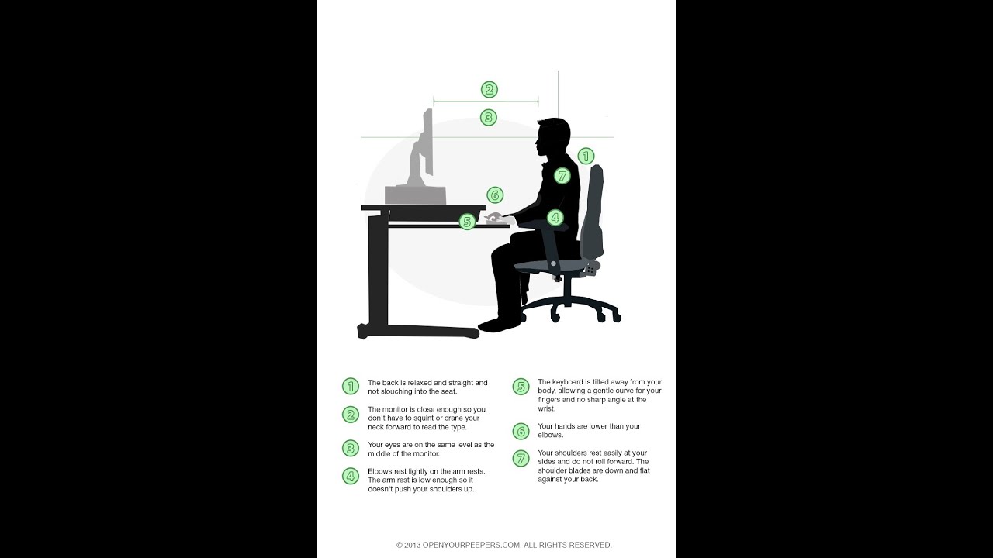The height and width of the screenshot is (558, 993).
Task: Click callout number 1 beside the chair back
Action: point(586,156)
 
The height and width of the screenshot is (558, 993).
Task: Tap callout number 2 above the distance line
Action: point(489,90)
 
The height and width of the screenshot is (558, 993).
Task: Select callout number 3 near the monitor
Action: point(488,118)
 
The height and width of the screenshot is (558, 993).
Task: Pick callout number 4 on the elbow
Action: point(555,218)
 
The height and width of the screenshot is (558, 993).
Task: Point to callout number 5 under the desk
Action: point(466,222)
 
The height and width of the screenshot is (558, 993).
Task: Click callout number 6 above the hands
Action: point(495,195)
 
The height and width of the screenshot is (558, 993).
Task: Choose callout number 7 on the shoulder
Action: point(562,176)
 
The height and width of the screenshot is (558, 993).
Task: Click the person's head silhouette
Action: point(554,138)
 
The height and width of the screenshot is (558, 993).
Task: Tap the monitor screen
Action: point(427,143)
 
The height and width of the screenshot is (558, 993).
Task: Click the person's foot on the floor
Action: point(496,324)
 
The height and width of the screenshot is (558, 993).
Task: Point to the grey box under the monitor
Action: point(415,195)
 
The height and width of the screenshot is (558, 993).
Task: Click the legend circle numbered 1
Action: point(351,386)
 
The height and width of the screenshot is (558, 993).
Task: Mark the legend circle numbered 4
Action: point(351,476)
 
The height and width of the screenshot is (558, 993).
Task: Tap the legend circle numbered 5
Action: point(521,386)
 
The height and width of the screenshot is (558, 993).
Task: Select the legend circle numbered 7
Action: point(521,458)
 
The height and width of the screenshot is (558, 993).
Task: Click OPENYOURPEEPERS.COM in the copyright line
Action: point(472,545)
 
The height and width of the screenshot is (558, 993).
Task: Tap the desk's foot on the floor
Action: point(419,332)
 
